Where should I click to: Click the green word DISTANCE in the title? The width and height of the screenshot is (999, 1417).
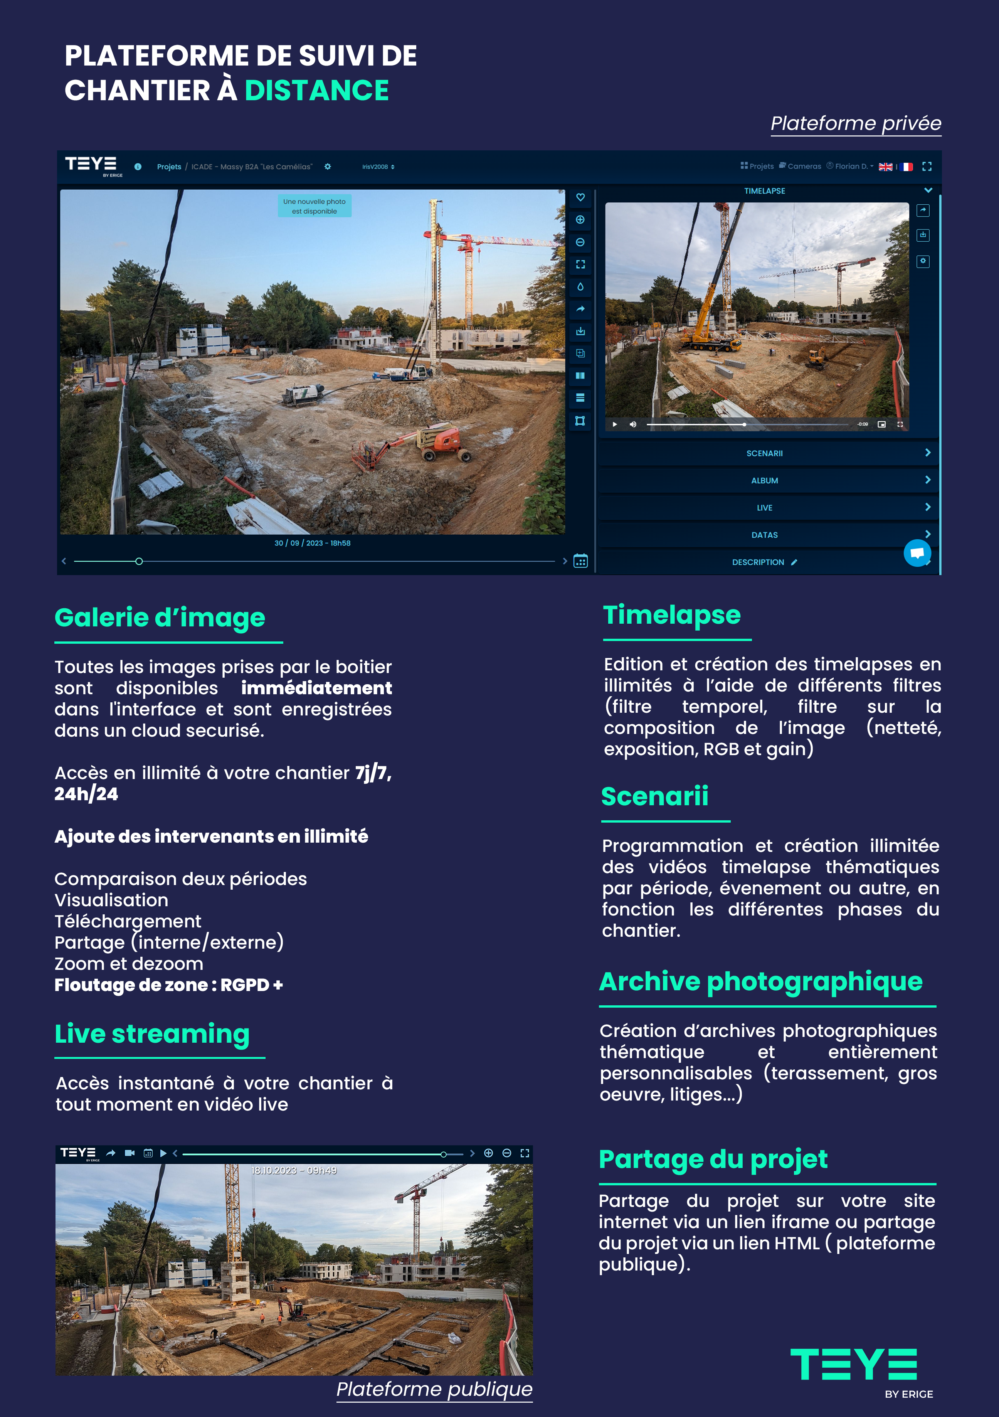coord(316,91)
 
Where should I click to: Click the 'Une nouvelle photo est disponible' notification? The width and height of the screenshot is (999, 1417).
coord(314,206)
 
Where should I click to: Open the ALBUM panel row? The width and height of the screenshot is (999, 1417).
coord(765,481)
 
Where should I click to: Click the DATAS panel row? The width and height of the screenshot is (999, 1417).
coord(765,535)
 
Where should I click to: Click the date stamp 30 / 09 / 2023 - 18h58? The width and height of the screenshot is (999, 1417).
coord(312,543)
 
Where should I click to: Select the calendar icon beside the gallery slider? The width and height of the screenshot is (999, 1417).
coord(580,561)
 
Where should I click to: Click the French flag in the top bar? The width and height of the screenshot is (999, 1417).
coord(906,167)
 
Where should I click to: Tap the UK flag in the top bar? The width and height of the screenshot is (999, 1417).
coord(885,167)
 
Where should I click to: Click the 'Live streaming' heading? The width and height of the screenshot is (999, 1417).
coord(152,1034)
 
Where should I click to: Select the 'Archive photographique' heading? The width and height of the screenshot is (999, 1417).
coord(760,981)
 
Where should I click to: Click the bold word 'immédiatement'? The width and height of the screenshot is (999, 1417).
coord(316,688)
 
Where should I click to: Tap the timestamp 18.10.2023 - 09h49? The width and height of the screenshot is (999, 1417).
coord(294,1170)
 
